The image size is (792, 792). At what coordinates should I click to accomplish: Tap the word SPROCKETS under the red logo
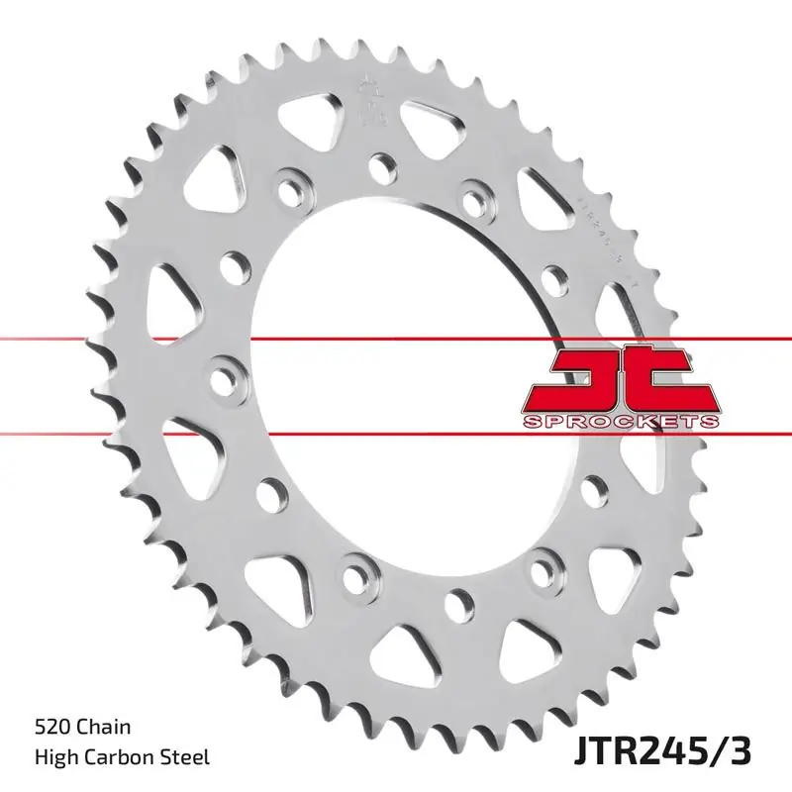pos(619,422)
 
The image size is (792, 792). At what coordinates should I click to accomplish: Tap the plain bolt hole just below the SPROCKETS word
pos(595,486)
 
